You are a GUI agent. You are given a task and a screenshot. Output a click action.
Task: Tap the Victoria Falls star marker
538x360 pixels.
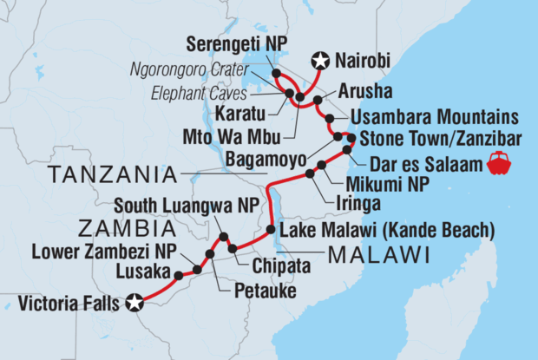click(134, 303)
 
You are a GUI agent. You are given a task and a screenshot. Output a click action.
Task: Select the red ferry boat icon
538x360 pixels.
click(501, 161)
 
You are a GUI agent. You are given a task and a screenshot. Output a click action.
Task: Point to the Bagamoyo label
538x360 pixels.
click(272, 158)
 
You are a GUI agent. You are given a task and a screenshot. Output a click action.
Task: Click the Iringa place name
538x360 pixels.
click(359, 204)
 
